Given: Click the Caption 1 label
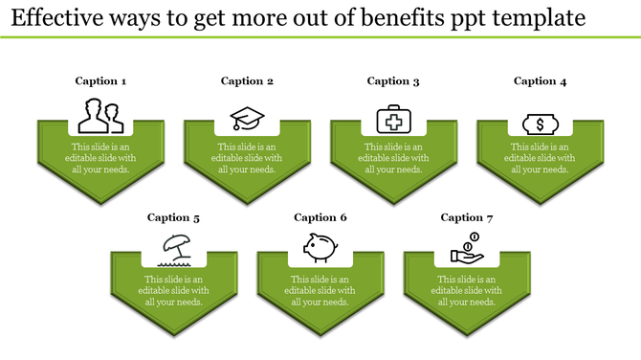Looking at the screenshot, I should [100, 81].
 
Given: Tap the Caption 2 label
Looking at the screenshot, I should [247, 81].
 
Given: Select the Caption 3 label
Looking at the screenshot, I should [393, 81].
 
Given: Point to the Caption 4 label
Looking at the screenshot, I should [540, 81].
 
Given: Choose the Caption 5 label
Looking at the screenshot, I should [173, 218].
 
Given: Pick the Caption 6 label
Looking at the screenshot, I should [320, 218].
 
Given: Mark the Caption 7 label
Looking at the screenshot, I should [467, 218].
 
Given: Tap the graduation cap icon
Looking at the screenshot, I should [247, 119].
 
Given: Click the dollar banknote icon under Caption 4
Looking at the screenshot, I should [540, 123].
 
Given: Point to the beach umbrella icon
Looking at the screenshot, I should [174, 250].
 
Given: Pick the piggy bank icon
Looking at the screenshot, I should [320, 248].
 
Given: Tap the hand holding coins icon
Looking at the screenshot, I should [467, 250].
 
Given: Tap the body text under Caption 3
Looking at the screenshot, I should [393, 158].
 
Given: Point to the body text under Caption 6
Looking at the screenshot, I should [320, 290].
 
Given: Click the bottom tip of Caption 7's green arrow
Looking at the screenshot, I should [467, 335].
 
